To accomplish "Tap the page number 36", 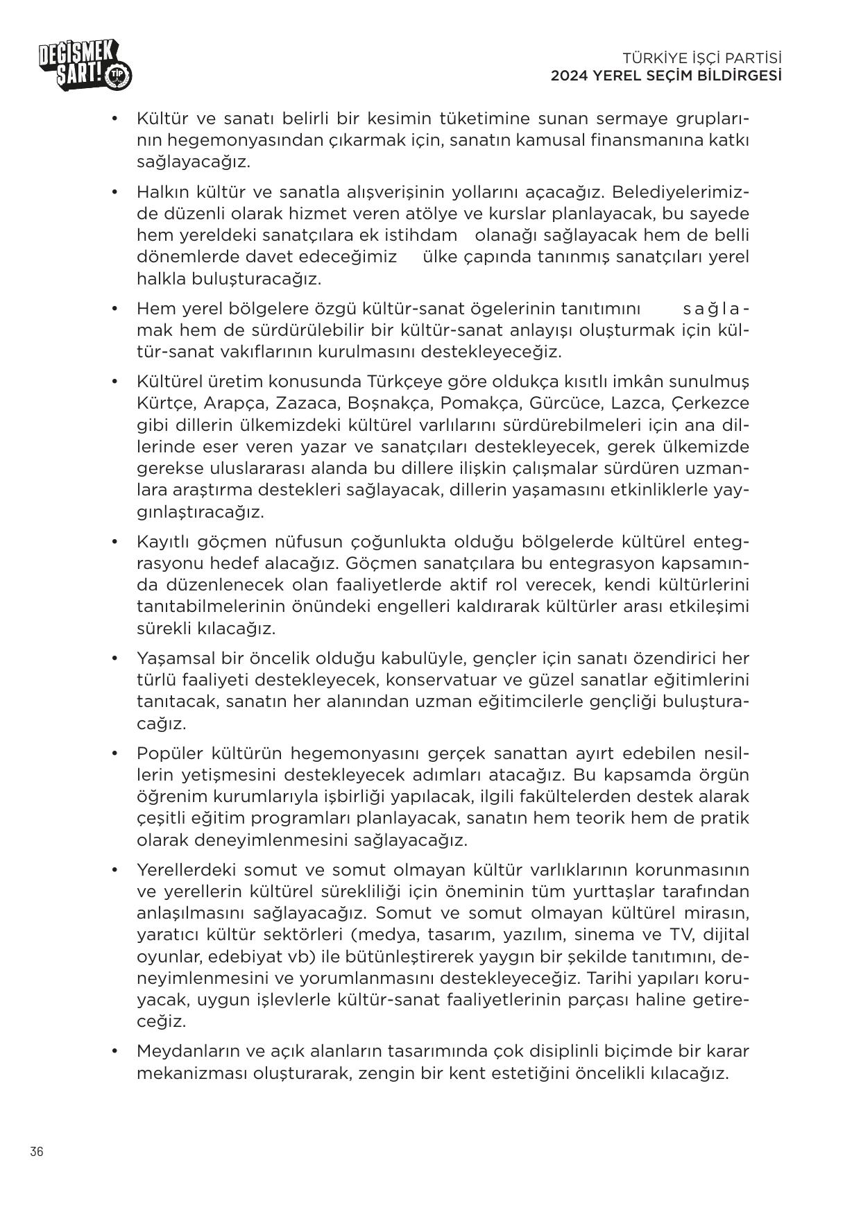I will coord(37,1152).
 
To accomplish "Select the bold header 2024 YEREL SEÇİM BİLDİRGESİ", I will coord(666,76).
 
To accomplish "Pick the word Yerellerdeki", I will coord(186,870).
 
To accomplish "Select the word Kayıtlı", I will coord(165,541).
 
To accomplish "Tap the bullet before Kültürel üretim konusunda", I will coord(115,381).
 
